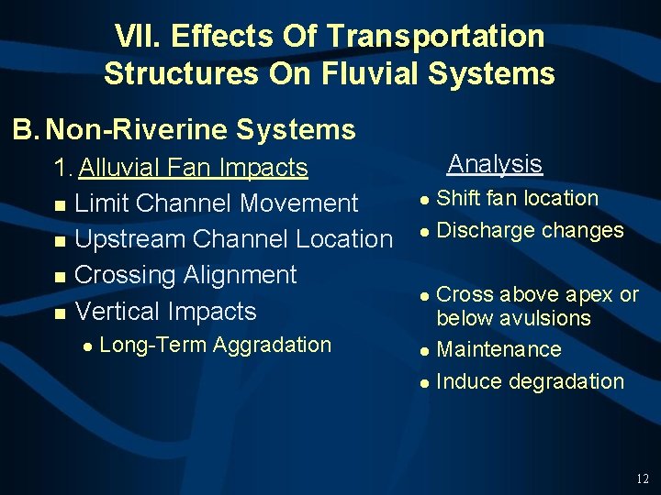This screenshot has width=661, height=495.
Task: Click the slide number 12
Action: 642,478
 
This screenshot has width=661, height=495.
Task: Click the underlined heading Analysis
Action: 495,164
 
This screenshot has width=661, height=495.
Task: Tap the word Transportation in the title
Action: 435,37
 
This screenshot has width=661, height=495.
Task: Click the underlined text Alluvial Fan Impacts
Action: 193,168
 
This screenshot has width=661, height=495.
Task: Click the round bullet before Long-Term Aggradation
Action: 85,346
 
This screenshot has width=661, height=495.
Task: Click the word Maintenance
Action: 499,349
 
